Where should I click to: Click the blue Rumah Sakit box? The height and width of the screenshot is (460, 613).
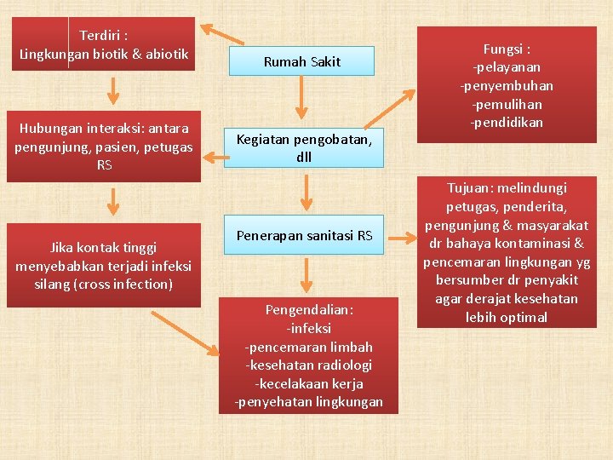(301, 61)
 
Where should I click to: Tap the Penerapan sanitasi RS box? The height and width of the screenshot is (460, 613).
(304, 235)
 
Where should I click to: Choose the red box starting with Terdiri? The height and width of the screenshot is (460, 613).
(104, 45)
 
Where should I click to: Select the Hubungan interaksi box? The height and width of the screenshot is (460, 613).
(104, 147)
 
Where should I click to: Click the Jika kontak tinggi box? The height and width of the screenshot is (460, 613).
(103, 265)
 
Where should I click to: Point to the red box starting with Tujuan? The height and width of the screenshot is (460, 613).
(507, 253)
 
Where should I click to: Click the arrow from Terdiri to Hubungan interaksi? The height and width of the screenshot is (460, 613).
(112, 89)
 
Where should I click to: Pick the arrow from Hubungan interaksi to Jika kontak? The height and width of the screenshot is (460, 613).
(113, 203)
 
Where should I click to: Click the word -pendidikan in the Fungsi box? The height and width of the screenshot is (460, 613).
(507, 123)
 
